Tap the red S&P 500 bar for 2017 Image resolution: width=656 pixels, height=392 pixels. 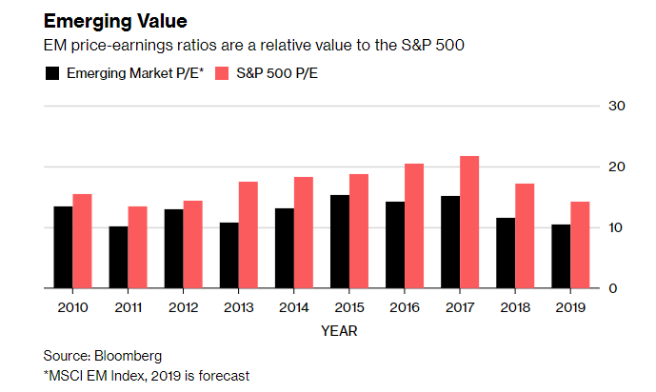click(468, 222)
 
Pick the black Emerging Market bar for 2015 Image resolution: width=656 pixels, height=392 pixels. click(339, 242)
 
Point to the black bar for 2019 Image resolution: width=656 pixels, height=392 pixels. click(561, 256)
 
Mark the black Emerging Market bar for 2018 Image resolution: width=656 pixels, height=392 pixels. click(506, 253)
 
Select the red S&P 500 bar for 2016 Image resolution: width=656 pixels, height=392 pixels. click(413, 225)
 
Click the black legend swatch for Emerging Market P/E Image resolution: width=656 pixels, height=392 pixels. click(52, 73)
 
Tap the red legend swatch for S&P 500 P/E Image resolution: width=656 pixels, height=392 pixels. click(223, 73)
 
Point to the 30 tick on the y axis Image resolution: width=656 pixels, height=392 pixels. click(616, 106)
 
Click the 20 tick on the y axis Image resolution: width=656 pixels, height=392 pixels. click(616, 167)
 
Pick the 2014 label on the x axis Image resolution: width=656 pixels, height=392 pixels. click(294, 306)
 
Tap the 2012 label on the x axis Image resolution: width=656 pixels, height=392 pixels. click(184, 306)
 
